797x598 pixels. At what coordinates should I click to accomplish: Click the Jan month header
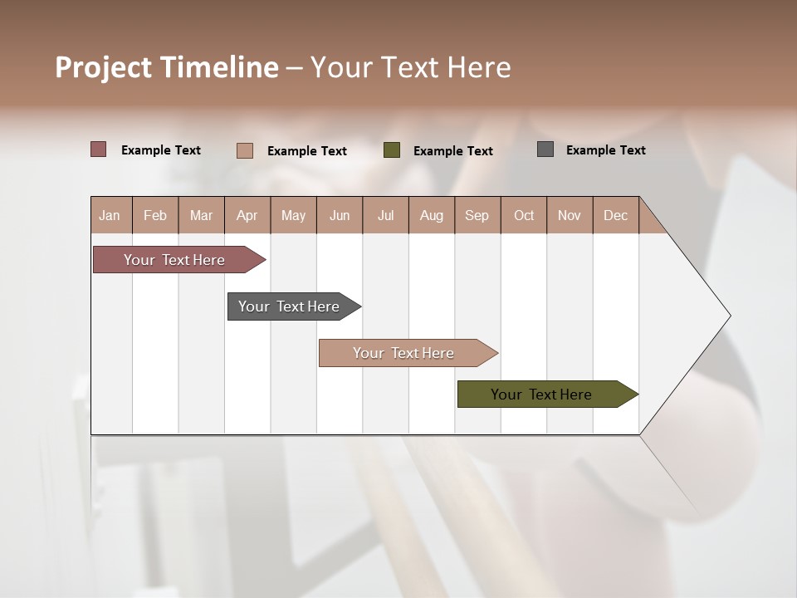pyautogui.click(x=110, y=215)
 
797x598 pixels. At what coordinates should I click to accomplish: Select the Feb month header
pyautogui.click(x=155, y=215)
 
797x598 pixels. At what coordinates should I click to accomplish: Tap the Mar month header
pyautogui.click(x=201, y=215)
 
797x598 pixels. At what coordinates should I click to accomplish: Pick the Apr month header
pyautogui.click(x=247, y=215)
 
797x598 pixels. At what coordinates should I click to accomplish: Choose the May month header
pyautogui.click(x=293, y=215)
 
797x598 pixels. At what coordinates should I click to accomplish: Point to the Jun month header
pyautogui.click(x=340, y=215)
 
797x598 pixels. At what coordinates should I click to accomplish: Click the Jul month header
pyautogui.click(x=385, y=215)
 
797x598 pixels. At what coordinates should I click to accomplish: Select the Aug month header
pyautogui.click(x=432, y=215)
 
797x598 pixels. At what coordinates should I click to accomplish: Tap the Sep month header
pyautogui.click(x=477, y=215)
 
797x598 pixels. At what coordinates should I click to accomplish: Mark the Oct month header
pyautogui.click(x=524, y=215)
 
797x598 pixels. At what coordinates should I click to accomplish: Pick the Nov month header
pyautogui.click(x=570, y=215)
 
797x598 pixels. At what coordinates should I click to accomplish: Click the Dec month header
pyautogui.click(x=615, y=215)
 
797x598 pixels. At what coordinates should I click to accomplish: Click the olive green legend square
pyautogui.click(x=392, y=150)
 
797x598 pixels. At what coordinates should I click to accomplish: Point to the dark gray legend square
pyautogui.click(x=545, y=149)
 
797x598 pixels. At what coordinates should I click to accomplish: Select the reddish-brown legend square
pyautogui.click(x=99, y=149)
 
